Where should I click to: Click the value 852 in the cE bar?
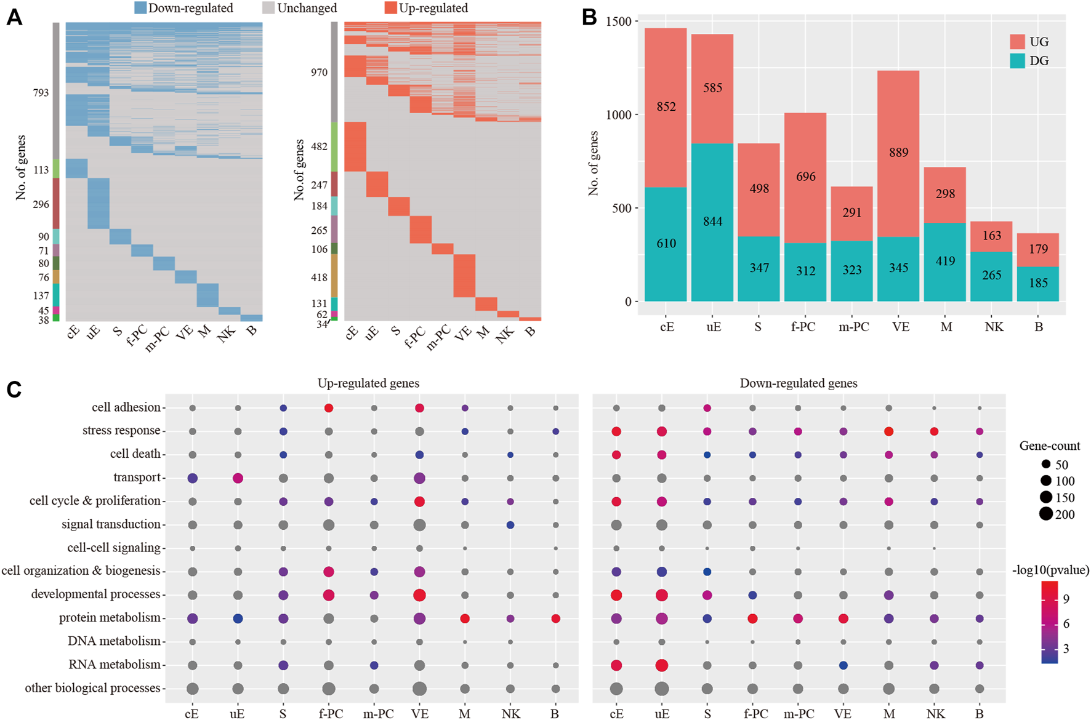coord(666,106)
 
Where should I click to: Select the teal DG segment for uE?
coord(712,222)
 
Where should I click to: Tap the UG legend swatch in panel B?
coord(1017,42)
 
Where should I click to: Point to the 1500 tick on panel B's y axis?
coord(618,22)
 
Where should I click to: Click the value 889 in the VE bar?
coord(898,153)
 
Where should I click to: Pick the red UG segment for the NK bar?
coord(991,236)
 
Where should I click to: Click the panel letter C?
coord(14,390)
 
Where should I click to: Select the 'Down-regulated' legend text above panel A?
coord(190,8)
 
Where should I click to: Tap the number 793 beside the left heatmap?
coord(41,93)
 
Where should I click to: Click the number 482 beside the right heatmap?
coord(318,146)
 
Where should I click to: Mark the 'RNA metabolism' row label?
coord(115,665)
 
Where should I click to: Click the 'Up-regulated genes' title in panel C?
coord(368,383)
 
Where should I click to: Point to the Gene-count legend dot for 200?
coord(1046,514)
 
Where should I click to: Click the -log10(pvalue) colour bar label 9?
coord(1066,599)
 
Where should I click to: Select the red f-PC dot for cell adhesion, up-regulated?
coord(329,408)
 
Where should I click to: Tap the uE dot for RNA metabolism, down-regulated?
coord(662,665)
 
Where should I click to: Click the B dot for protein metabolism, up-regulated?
coord(556,618)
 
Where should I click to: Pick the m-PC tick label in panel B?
coord(853,327)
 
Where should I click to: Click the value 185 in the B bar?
coord(1038,283)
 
